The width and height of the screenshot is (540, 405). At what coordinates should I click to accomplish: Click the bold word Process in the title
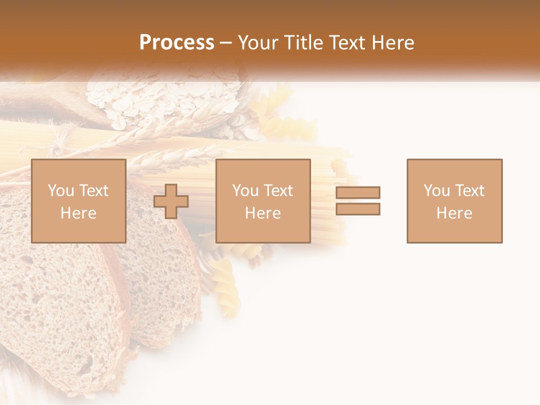pyautogui.click(x=177, y=43)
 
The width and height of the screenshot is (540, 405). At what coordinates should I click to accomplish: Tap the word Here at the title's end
pyautogui.click(x=392, y=43)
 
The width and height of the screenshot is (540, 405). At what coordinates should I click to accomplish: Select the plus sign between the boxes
pyautogui.click(x=171, y=201)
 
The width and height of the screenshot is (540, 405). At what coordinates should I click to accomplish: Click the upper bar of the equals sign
pyautogui.click(x=358, y=192)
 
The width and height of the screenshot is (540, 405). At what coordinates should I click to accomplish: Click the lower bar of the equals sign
pyautogui.click(x=358, y=209)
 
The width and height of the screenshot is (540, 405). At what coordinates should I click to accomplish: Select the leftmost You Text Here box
pyautogui.click(x=79, y=201)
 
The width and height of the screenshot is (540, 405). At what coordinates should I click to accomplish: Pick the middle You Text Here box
pyautogui.click(x=263, y=201)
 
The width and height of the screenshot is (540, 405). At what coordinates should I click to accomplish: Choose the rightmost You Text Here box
pyautogui.click(x=454, y=201)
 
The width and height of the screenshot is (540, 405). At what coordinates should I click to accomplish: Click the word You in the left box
pyautogui.click(x=60, y=191)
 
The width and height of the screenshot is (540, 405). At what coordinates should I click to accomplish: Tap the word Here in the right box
pyautogui.click(x=454, y=213)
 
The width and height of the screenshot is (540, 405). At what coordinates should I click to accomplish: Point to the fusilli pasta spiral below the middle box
pyautogui.click(x=228, y=281)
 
